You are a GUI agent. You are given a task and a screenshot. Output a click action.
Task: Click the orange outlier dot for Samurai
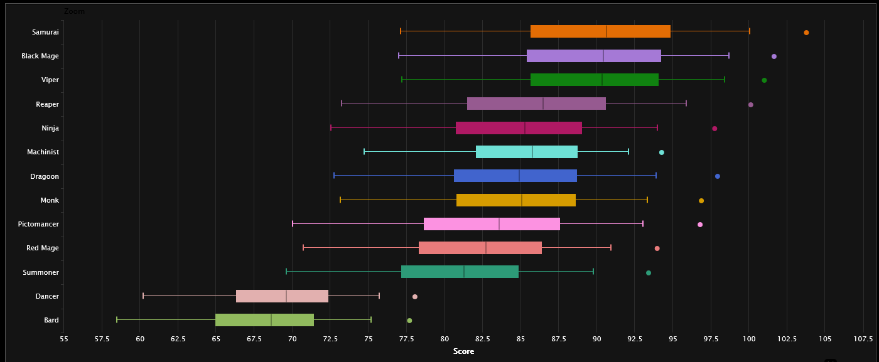point(806,33)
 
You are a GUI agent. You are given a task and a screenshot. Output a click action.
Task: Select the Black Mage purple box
point(593,56)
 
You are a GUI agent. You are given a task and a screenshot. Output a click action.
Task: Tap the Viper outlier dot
point(764,80)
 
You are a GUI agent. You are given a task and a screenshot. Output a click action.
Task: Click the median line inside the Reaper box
point(543,104)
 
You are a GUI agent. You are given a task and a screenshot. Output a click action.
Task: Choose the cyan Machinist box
point(526,152)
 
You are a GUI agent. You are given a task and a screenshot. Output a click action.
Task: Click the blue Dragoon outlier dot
point(718,176)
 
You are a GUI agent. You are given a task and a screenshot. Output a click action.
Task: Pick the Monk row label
point(50,200)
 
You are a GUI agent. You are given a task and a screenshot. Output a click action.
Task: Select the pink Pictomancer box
point(492,224)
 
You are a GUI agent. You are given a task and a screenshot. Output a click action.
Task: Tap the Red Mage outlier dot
point(657,248)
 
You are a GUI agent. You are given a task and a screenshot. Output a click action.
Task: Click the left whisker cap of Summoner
point(286,272)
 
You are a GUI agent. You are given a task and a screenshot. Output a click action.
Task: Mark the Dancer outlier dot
point(415,297)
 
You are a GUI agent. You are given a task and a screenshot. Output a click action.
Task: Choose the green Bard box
point(264,320)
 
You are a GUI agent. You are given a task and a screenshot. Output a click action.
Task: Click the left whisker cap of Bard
point(117,320)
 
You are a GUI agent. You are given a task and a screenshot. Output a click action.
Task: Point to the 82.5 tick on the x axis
point(483,339)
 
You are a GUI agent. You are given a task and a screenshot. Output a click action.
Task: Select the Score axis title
point(463,351)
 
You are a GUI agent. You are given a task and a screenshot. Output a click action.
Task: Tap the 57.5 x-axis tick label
point(102,339)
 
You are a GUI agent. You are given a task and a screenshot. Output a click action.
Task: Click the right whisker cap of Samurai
point(750,31)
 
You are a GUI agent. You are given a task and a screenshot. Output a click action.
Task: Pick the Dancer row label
point(47,296)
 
